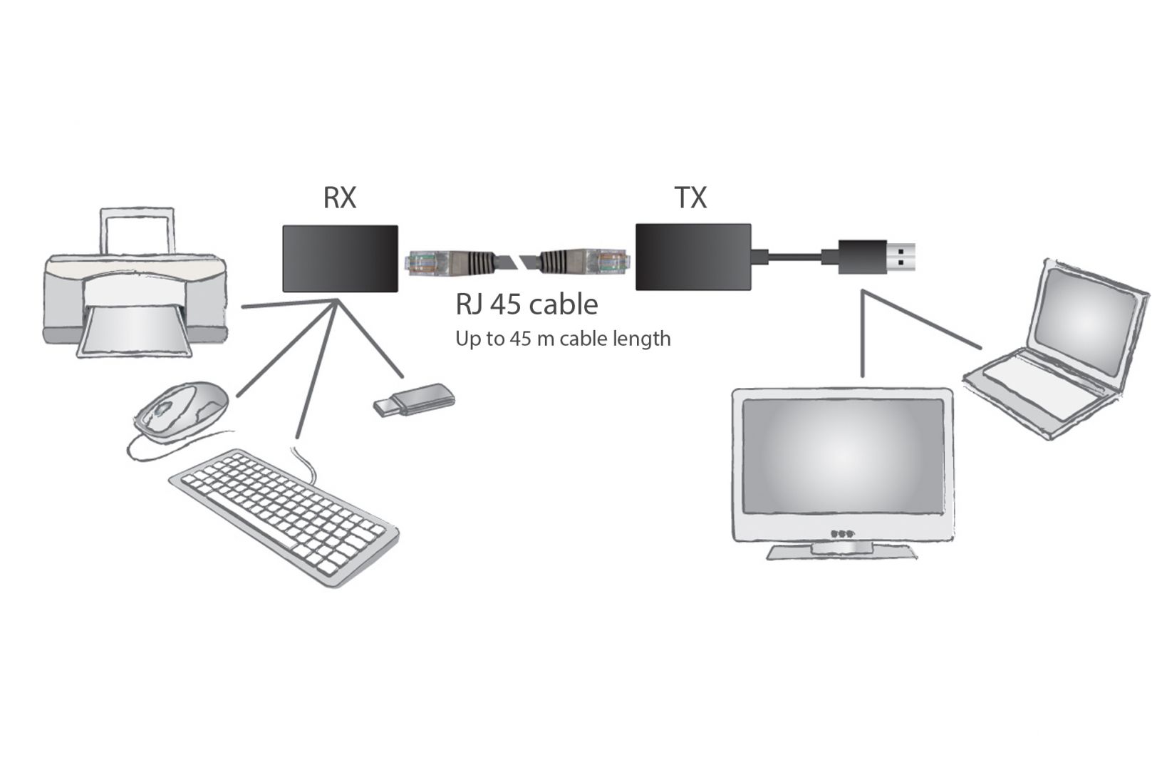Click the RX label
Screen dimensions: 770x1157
point(339,197)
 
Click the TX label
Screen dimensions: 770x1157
point(690,197)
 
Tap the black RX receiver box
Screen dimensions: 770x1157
point(340,258)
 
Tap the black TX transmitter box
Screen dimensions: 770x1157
point(692,257)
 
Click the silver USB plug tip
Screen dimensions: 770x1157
point(901,257)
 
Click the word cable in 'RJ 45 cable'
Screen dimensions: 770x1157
point(566,305)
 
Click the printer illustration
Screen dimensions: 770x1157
point(135,299)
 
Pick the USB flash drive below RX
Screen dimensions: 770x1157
point(415,399)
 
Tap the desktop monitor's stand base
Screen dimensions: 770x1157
point(841,553)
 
